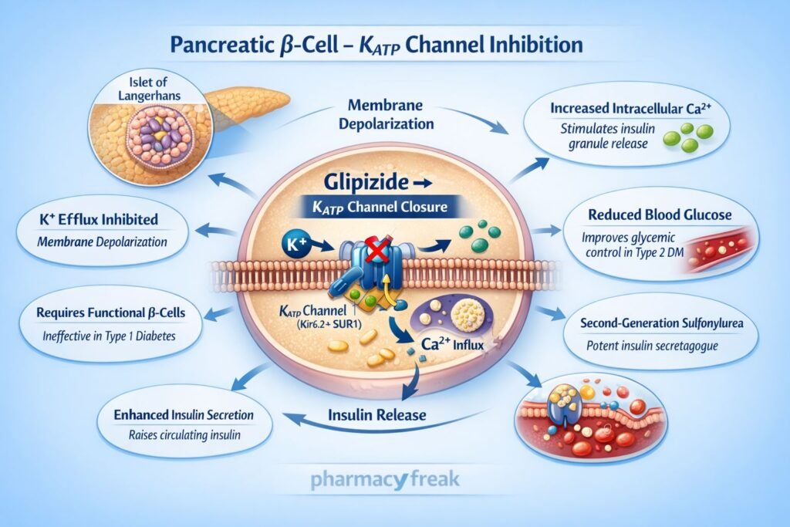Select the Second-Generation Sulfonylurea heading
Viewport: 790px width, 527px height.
pyautogui.click(x=661, y=323)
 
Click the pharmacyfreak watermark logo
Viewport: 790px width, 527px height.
pyautogui.click(x=385, y=479)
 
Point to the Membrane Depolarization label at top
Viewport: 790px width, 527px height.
pyautogui.click(x=390, y=113)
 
